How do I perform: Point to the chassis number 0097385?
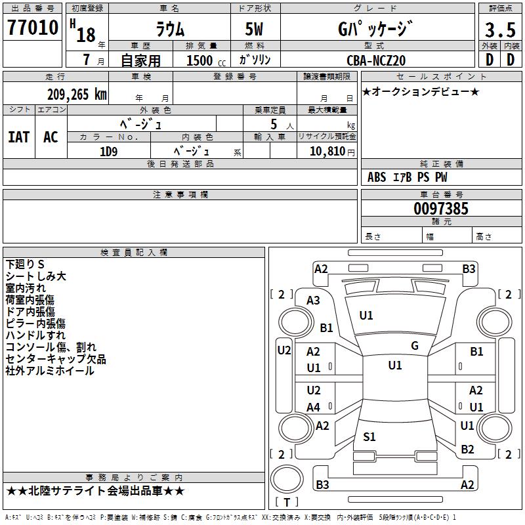point(441,209)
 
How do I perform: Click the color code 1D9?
point(108,150)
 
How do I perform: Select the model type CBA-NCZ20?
point(376,60)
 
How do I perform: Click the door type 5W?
point(254,29)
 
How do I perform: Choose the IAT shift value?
point(18,136)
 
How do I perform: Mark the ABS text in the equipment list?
point(377,177)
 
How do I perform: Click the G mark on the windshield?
point(414,346)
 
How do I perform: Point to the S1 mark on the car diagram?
point(369,436)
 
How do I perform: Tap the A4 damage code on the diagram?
point(314,407)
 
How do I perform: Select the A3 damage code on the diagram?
point(314,300)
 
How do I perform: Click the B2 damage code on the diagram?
point(467,449)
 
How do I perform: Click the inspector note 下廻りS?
point(25,264)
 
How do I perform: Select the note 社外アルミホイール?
point(50,371)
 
